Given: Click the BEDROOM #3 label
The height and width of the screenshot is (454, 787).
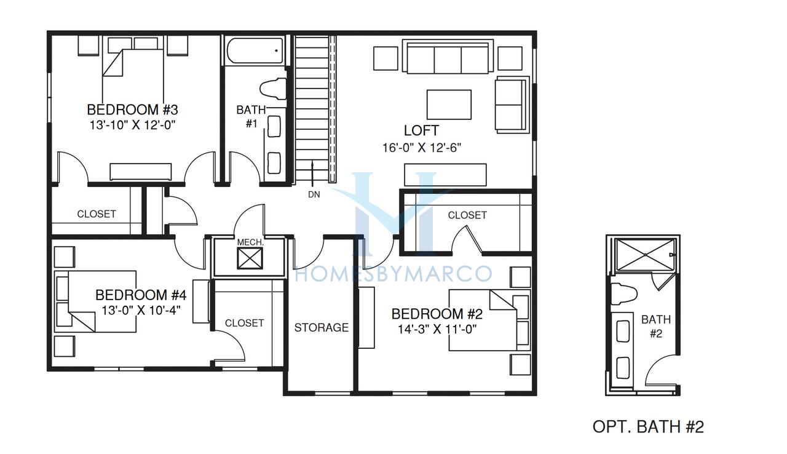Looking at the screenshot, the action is click(132, 110).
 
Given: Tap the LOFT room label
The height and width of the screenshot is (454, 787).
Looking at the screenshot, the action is click(421, 130).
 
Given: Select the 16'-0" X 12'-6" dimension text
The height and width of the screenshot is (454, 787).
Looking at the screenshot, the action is click(422, 148).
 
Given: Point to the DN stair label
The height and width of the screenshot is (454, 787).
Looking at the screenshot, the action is click(314, 194).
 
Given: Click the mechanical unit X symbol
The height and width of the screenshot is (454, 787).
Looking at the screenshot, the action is click(250, 258).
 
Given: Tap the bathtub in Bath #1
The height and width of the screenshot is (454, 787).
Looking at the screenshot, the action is click(255, 51).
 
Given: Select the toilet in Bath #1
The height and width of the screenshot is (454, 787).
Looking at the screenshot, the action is click(272, 89).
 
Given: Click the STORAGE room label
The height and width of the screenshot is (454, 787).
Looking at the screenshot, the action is click(321, 327).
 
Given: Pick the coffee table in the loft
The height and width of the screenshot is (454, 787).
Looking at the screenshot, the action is click(449, 105).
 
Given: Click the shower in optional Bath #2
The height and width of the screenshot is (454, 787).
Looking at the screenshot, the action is click(645, 255).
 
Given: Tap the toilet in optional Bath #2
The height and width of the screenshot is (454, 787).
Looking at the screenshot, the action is click(624, 293).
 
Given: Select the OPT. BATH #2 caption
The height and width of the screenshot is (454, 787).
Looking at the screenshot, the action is click(648, 426).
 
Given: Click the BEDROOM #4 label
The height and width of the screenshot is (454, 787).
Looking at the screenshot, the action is click(141, 295).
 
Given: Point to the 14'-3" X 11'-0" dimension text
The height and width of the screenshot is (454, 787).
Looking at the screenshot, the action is click(437, 329).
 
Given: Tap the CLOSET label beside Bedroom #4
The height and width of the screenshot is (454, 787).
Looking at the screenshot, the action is click(244, 323).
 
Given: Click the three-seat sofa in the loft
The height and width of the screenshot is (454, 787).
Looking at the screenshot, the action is click(448, 57).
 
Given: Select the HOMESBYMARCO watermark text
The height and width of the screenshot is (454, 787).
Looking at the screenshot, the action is click(393, 273).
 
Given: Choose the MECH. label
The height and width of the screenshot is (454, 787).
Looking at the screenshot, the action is click(250, 242).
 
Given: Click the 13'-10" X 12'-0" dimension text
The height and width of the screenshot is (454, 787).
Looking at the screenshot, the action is click(132, 125).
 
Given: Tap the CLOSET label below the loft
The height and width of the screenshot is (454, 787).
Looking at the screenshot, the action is click(467, 215).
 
